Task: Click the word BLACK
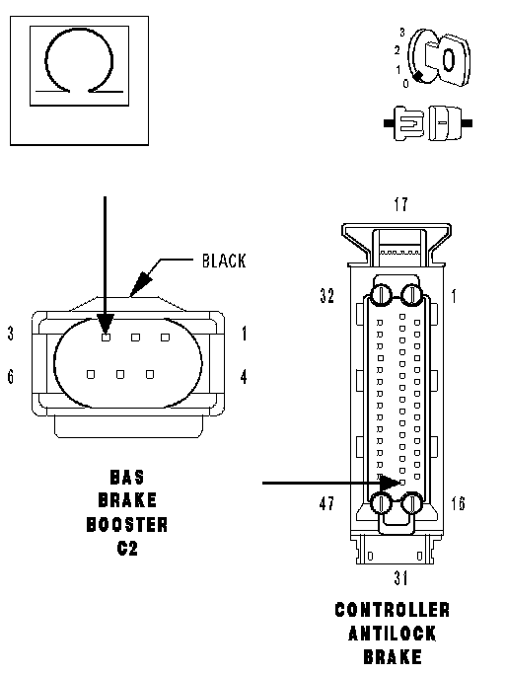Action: (x=224, y=261)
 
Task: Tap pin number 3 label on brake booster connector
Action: (x=11, y=334)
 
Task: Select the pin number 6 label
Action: (x=11, y=376)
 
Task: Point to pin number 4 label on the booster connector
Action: (x=244, y=377)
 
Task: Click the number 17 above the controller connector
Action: (x=400, y=204)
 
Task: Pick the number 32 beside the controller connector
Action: (x=326, y=295)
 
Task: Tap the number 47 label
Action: (x=326, y=503)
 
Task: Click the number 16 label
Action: (x=458, y=503)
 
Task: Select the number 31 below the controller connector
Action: (x=400, y=577)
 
